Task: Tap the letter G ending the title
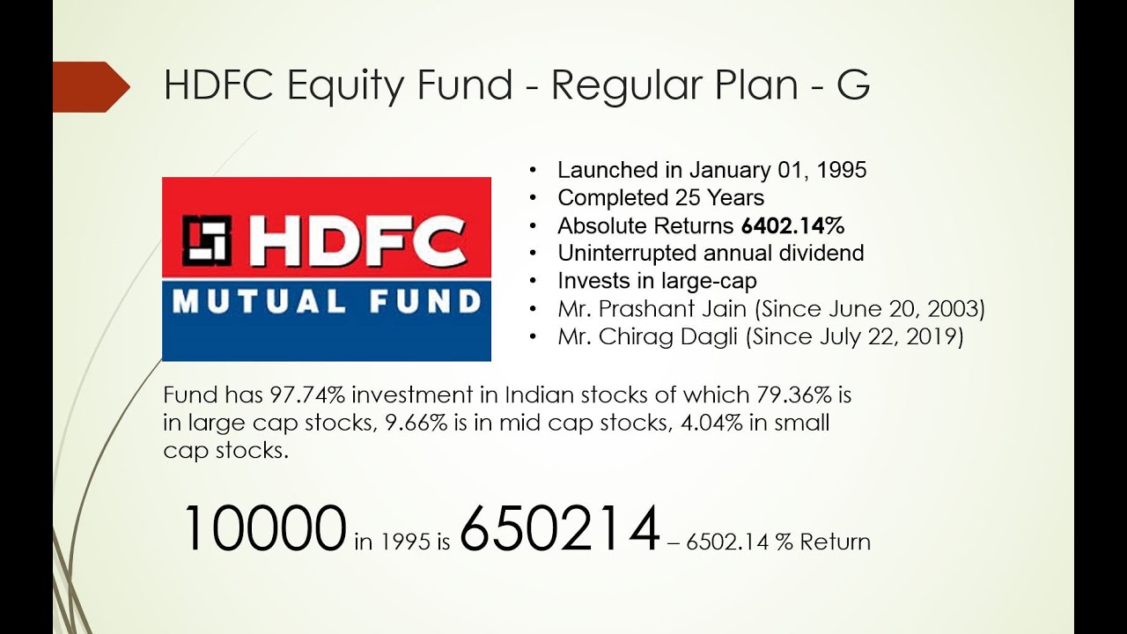[852, 85]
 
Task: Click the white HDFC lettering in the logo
[357, 240]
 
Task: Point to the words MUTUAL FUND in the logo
[326, 303]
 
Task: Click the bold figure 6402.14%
[792, 225]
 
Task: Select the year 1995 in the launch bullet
[841, 170]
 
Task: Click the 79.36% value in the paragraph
[791, 394]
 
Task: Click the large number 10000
[262, 528]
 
